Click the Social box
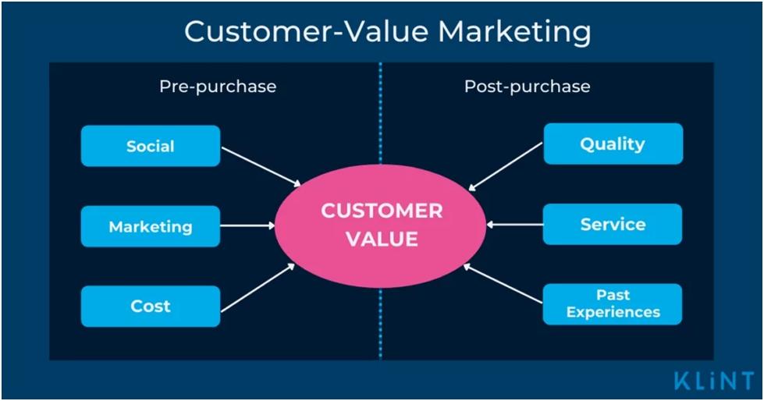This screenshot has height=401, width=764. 151,146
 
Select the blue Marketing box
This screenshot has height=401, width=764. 151,227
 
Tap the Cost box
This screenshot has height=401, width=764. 151,306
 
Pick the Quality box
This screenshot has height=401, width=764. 613,144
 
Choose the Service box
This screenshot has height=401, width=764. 613,225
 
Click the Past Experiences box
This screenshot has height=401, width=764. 613,303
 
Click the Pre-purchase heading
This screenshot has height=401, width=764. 218,87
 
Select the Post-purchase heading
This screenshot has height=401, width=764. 527,87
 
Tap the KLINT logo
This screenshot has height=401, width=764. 713,381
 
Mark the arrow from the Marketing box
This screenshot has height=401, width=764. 248,225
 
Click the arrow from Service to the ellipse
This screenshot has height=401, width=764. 514,225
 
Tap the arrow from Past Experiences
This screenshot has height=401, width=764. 503,283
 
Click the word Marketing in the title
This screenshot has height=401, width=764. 514,32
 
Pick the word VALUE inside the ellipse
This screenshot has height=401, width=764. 382,238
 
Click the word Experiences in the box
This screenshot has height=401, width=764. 613,312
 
